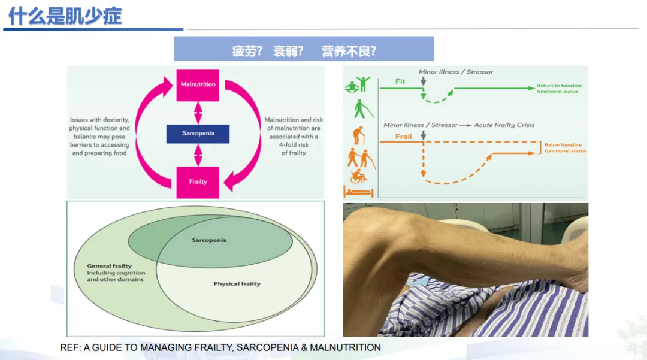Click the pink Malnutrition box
coord(198,84)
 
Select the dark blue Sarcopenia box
coord(198,133)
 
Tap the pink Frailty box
coord(198,182)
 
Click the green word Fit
coord(400,81)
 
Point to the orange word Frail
coord(404,137)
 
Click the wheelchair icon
coord(358,176)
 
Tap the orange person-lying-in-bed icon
coord(358,192)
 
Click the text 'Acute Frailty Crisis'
coord(504,125)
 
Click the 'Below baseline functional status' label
coord(565,148)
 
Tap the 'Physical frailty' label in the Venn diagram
coord(237,283)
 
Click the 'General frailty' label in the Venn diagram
coord(110,266)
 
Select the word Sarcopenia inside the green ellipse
coord(209,240)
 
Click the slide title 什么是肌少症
coord(65,16)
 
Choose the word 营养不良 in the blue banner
coord(348,51)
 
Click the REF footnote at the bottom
coord(220,347)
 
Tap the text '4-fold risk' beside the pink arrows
coord(294,145)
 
